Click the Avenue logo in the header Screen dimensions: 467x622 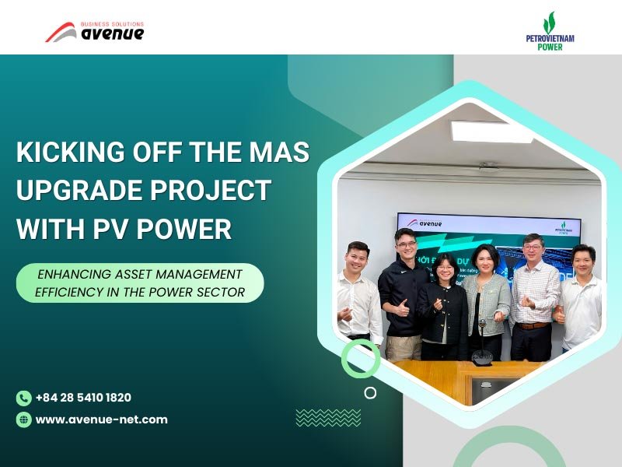click(94, 32)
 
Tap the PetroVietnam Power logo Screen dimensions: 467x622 click(550, 32)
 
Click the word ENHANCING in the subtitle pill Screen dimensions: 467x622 click(73, 274)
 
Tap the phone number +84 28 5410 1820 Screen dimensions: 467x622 click(83, 398)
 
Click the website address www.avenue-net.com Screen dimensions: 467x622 click(101, 420)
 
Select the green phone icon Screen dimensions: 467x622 click(23, 398)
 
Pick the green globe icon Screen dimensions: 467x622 click(23, 420)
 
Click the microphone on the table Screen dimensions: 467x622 click(480, 342)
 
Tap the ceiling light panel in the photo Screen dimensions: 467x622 click(491, 131)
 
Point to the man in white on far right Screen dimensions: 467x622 click(581, 300)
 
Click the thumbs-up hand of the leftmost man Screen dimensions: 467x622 click(344, 314)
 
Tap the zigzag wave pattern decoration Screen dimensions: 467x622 click(317, 418)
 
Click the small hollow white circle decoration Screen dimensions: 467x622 click(370, 393)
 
